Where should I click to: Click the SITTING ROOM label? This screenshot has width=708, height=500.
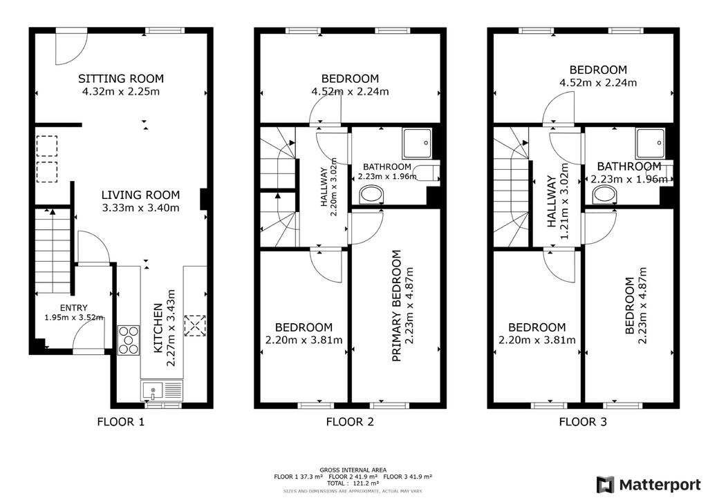(x=121, y=79)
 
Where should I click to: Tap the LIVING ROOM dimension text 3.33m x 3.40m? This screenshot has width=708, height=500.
(x=140, y=208)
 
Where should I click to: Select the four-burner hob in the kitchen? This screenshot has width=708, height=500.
(x=129, y=340)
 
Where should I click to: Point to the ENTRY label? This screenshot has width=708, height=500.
(x=73, y=308)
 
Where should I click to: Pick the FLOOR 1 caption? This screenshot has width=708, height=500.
(x=120, y=422)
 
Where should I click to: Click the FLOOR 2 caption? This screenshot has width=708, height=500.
(x=350, y=422)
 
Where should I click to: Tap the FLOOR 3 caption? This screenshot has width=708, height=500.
(x=583, y=422)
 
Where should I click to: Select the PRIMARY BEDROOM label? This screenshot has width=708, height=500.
(x=396, y=306)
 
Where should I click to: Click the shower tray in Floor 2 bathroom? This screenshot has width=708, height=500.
(x=418, y=144)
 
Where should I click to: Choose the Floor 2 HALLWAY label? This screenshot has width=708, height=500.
(x=324, y=187)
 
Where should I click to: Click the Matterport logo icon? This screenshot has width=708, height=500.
(x=606, y=485)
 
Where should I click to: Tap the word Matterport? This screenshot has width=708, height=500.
(x=660, y=485)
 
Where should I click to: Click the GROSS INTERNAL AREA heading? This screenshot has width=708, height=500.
(x=353, y=470)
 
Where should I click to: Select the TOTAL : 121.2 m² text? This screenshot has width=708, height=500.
(x=353, y=483)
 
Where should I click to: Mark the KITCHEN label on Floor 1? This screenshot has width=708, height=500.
(x=158, y=328)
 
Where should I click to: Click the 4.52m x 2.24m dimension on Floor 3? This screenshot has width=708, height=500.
(x=598, y=83)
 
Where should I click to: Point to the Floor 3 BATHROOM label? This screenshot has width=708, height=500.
(x=629, y=166)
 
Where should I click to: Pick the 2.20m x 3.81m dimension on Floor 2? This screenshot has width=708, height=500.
(x=304, y=340)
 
